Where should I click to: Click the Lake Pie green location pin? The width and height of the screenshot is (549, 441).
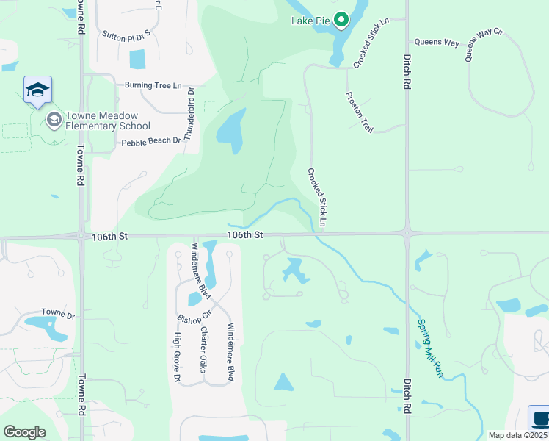click(x=341, y=20)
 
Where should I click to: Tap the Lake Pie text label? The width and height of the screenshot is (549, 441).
click(x=311, y=21)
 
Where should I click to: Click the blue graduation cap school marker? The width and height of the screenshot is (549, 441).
click(x=37, y=90)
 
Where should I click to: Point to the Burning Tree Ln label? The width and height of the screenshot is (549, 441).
click(x=153, y=85)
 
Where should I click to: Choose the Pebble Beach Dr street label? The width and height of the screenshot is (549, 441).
click(x=150, y=141)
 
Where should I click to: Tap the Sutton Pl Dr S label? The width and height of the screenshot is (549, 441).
click(x=126, y=34)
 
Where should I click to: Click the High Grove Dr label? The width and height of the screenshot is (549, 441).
click(x=177, y=357)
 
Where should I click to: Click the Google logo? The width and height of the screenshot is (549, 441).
click(x=24, y=431)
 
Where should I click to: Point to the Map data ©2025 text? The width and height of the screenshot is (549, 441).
click(x=518, y=435)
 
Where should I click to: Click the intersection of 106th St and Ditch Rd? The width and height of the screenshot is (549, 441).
click(x=406, y=234)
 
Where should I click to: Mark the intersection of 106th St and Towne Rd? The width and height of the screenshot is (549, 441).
click(x=81, y=237)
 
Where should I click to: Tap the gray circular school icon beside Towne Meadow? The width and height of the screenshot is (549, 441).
click(x=54, y=119)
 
